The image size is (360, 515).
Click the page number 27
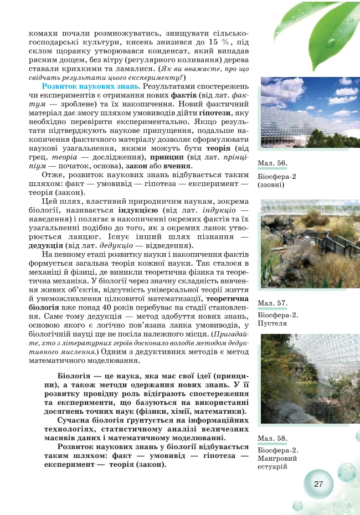(x=318, y=483)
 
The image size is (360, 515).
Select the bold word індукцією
(x=138, y=210)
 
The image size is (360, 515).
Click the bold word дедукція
(x=46, y=245)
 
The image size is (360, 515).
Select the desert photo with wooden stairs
(x=302, y=244)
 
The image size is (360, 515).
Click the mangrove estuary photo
(x=302, y=379)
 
